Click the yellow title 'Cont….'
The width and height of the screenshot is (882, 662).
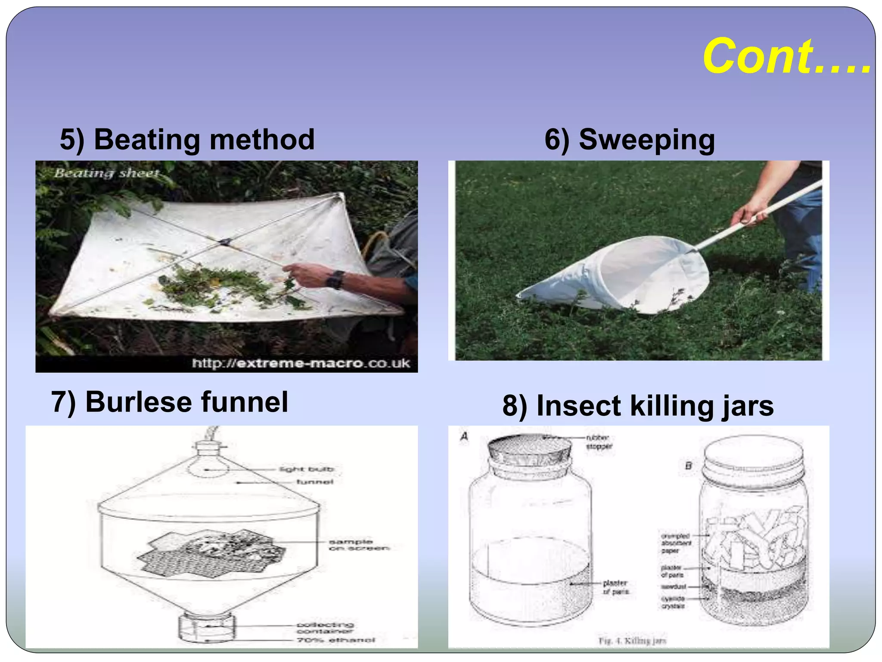786,56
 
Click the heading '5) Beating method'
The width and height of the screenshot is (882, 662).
187,140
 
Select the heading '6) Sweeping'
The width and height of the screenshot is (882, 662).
629,140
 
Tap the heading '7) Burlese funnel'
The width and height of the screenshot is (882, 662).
170,402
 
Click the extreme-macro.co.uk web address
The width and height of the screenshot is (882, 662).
301,363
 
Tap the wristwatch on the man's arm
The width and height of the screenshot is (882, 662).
335,279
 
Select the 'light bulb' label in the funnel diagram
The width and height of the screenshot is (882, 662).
307,469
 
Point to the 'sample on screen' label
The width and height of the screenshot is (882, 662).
358,545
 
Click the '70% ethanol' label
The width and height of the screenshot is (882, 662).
335,640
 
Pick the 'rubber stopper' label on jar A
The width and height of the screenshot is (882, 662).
599,442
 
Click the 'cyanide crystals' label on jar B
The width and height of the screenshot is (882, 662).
673,602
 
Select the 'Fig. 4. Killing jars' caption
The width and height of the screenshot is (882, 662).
632,641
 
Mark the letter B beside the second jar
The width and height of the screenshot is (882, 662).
688,465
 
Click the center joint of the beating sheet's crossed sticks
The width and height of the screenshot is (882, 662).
225,242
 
